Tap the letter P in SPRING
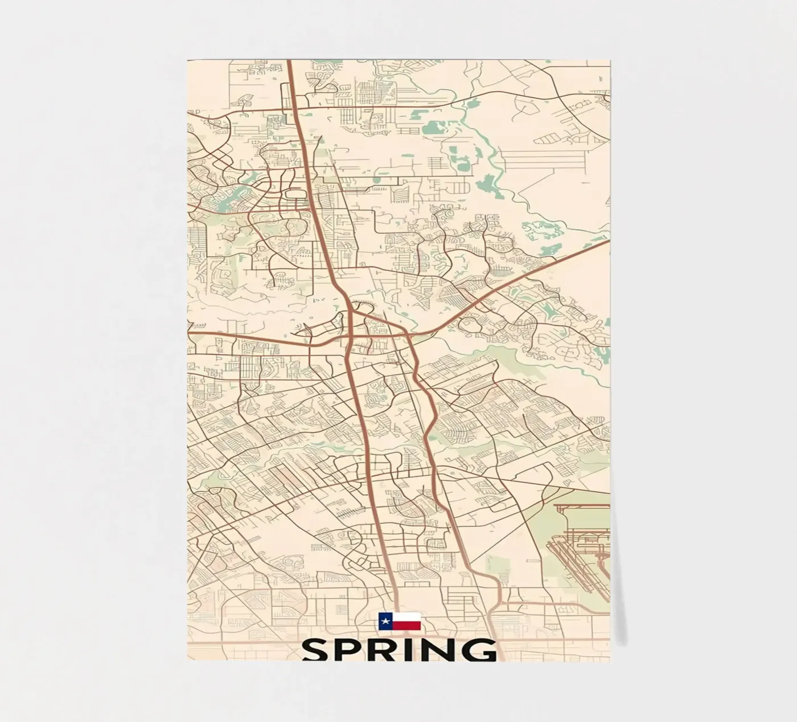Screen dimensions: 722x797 (x=352, y=650)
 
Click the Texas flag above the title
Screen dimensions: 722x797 (x=400, y=621)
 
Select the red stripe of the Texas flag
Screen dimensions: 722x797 (x=406, y=626)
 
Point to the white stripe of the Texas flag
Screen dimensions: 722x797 (x=406, y=617)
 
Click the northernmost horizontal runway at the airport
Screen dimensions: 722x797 (x=581, y=505)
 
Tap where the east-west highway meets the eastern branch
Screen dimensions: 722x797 (x=411, y=336)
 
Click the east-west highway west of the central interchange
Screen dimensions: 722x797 (x=256, y=340)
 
